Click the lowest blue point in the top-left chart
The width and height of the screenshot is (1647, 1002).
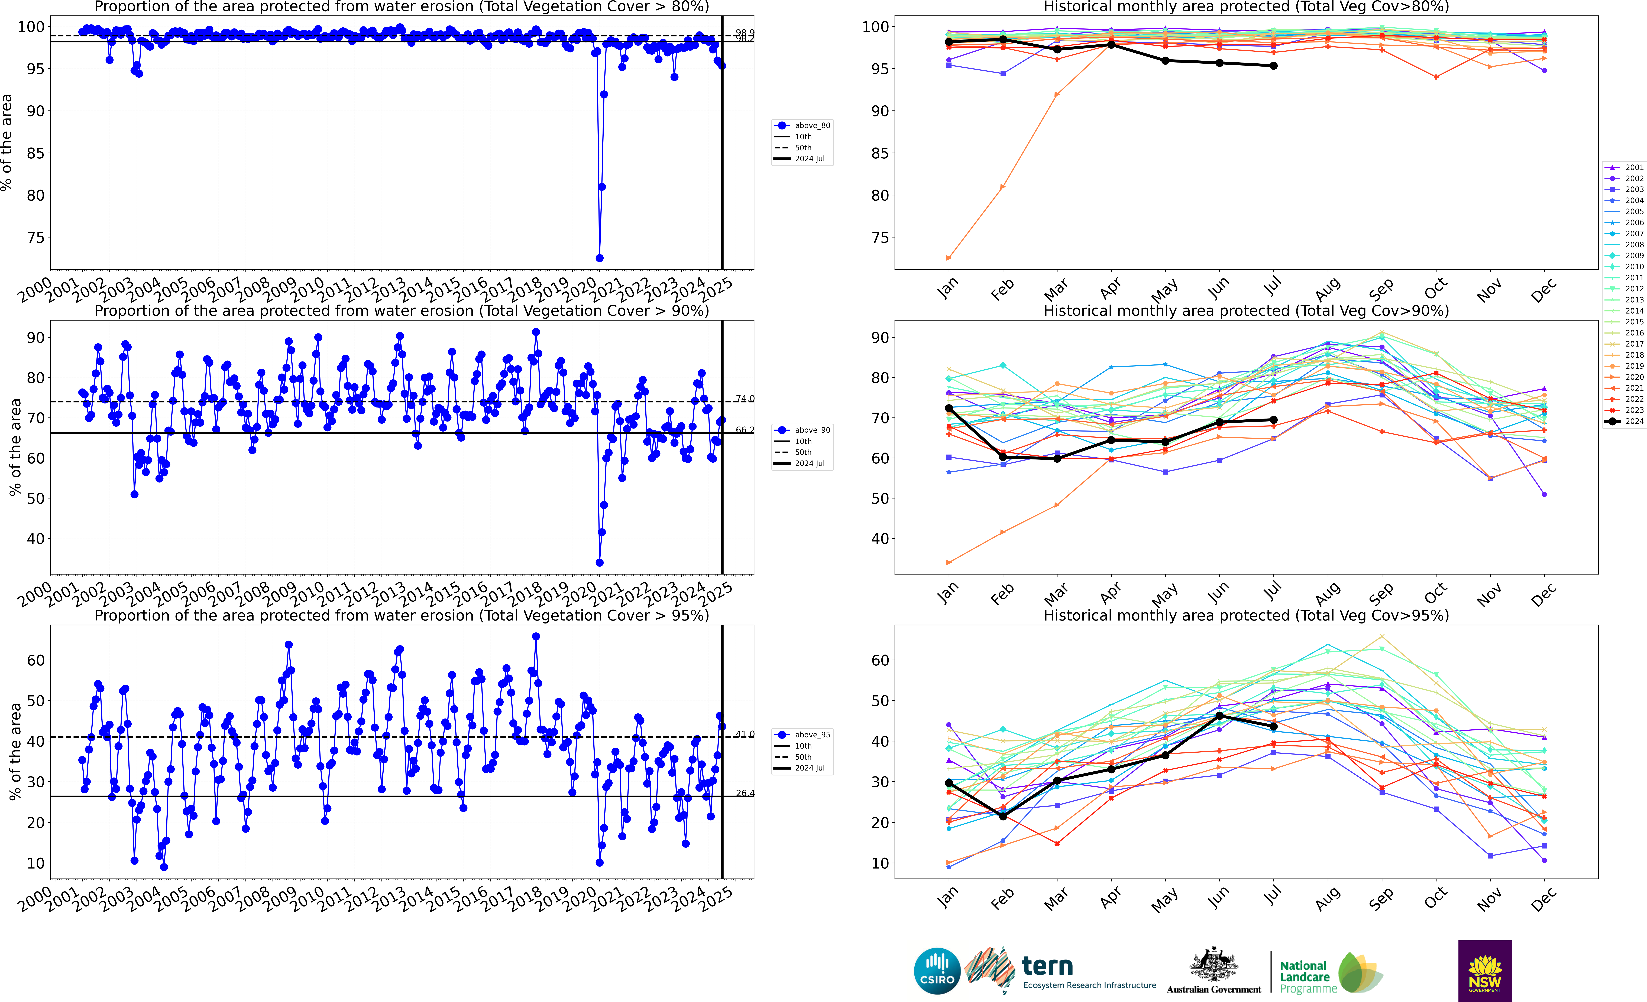[x=600, y=258]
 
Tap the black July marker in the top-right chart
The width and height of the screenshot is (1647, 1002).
[x=1273, y=66]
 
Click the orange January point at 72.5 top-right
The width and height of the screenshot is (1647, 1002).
[x=949, y=258]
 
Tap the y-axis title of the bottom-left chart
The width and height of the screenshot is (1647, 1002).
[x=15, y=752]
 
